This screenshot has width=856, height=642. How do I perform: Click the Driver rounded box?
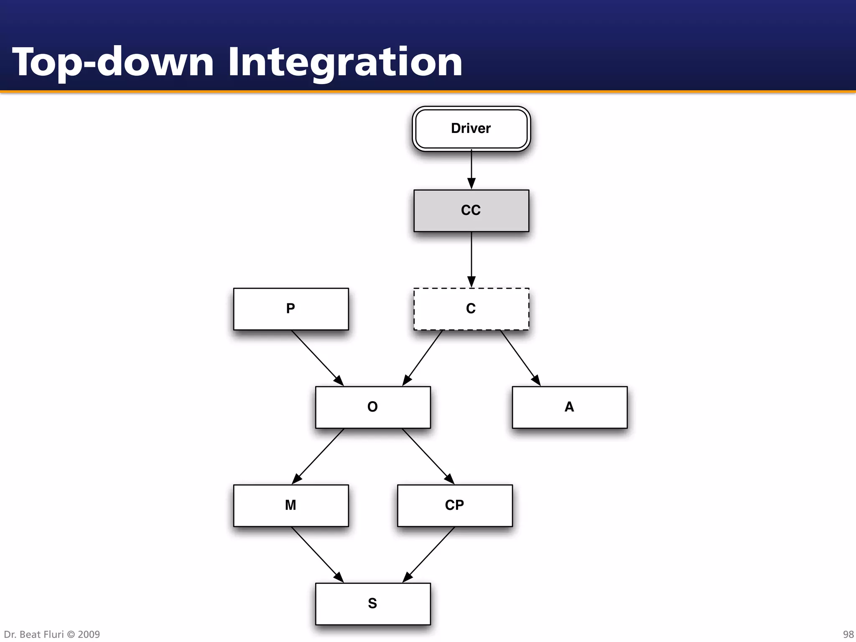coord(471,129)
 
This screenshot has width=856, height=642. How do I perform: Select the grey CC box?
coord(471,211)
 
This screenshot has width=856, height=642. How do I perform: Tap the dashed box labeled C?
coord(471,309)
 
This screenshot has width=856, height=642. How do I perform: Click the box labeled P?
coord(291,309)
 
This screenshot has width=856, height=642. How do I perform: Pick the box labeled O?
coord(373,407)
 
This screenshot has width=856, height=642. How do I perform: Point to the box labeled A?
coord(569,407)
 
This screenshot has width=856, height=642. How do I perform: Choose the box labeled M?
coord(291,505)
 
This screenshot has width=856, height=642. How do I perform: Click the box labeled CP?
coord(455,505)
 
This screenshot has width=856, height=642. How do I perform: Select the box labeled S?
coord(373,604)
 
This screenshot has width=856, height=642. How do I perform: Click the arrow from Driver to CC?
coord(471,169)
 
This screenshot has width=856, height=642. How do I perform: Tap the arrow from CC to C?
coord(471,259)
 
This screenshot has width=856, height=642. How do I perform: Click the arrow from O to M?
coord(318,456)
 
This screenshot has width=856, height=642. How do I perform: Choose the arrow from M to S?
coord(317,554)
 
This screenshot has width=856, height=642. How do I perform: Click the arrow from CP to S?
coord(429,554)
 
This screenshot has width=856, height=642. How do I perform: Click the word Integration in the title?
coord(345,63)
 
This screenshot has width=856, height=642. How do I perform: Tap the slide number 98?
coord(848,634)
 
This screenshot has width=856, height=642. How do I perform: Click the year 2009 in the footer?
coord(89,634)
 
